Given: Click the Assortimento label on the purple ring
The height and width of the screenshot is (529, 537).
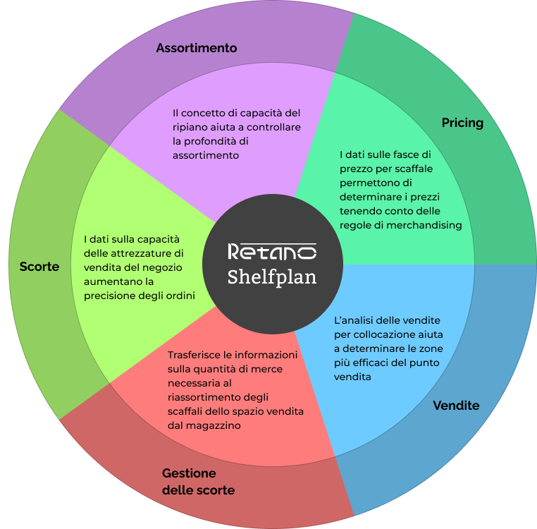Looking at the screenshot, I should (197, 48).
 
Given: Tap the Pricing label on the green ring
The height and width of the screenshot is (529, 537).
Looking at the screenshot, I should (462, 123).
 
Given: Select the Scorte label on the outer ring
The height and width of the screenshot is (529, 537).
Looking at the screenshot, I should (39, 267).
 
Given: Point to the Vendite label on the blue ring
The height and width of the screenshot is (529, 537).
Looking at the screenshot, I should (456, 406).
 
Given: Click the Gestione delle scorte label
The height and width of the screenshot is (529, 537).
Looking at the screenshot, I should (198, 482).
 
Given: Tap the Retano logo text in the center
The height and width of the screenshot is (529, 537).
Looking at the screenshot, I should (272, 251).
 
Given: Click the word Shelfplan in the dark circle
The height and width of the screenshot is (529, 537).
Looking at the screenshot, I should (272, 276).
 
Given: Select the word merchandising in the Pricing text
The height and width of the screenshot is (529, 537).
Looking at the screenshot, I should (428, 225).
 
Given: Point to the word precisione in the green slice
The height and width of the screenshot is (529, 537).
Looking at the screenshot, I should (109, 295).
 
